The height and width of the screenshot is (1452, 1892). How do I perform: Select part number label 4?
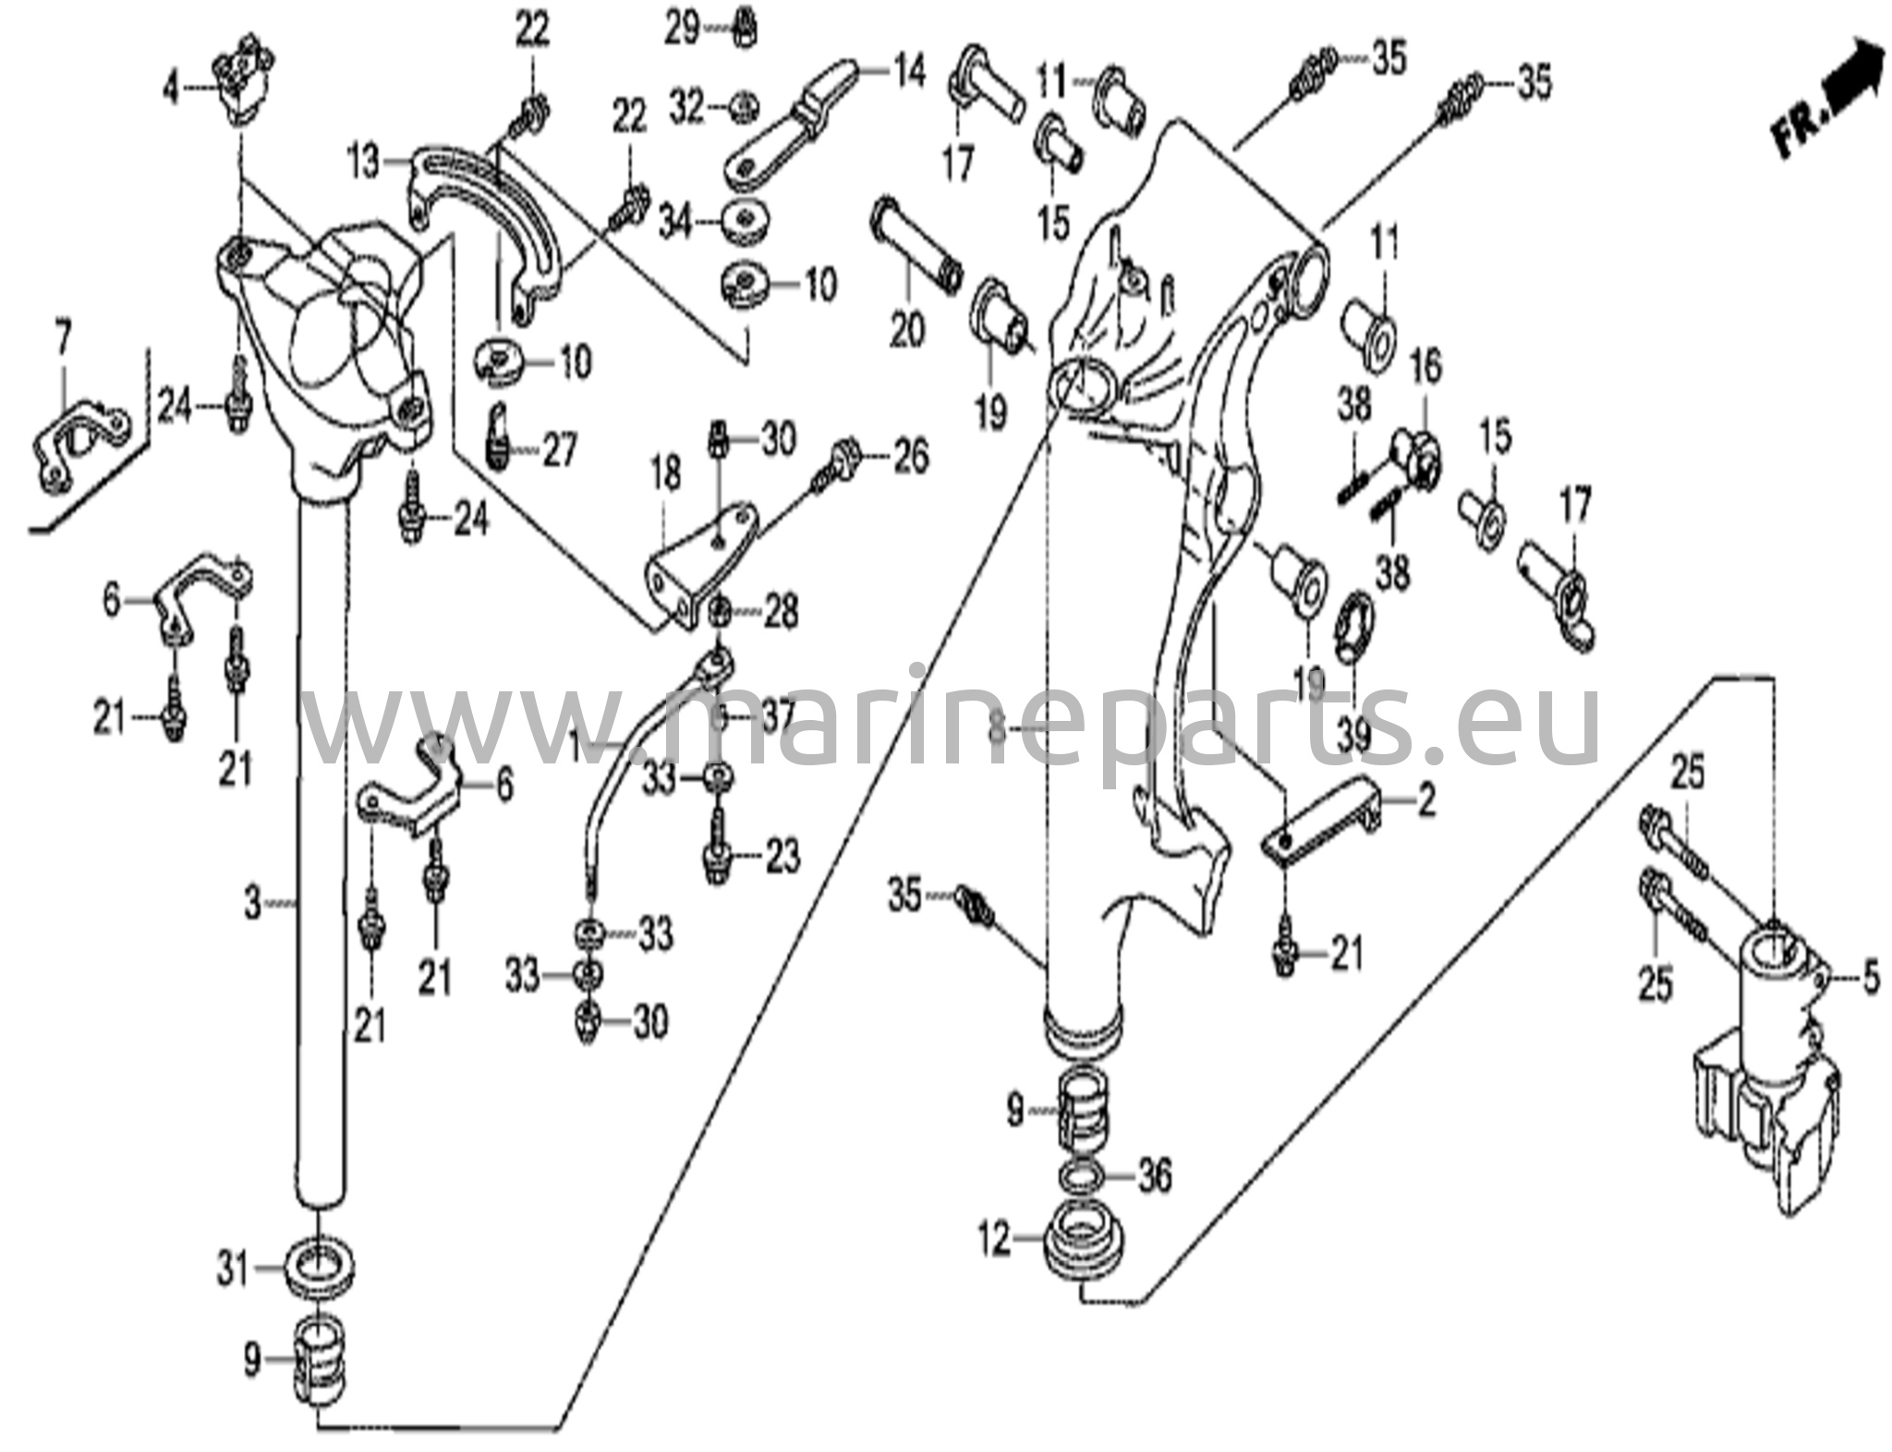coord(170,89)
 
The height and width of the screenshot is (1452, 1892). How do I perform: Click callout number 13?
coord(364,164)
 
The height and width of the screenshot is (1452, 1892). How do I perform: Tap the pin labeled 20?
coord(914,246)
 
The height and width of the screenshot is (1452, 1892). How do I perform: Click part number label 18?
coord(666,475)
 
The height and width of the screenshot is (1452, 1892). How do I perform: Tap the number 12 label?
coord(996,1240)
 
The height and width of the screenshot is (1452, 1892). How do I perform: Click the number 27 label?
coord(559,452)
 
